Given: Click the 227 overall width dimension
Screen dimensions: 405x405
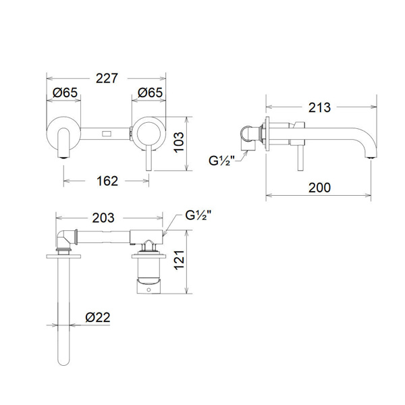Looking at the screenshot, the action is tap(107, 78).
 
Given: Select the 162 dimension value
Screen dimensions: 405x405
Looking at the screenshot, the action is tap(107, 181).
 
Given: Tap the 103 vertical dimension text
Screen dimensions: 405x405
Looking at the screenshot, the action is tap(179, 142).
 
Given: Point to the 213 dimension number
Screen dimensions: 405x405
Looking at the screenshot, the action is tap(319, 107).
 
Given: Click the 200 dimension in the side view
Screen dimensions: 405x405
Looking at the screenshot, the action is tap(319, 188).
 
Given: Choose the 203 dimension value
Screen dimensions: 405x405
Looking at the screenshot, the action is tap(103, 218).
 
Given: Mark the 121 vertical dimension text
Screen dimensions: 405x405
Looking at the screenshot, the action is tap(179, 260).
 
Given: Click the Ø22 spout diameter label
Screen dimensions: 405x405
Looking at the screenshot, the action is tap(98, 317).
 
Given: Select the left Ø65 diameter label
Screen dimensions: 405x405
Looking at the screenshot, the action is tap(65, 92).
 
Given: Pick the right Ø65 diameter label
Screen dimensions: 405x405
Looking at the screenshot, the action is tap(150, 92).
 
